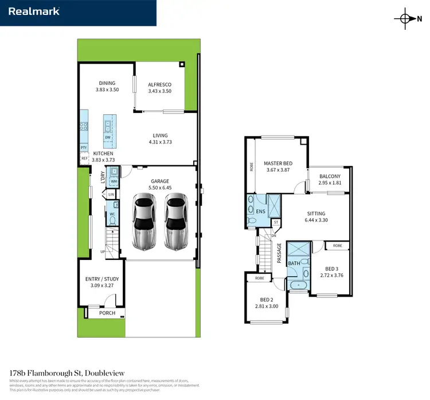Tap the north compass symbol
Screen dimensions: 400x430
click(x=406, y=18)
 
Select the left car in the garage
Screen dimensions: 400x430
click(x=144, y=220)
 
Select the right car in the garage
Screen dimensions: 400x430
click(x=177, y=220)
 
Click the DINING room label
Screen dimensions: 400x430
click(x=107, y=83)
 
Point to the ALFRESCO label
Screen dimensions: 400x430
click(x=160, y=85)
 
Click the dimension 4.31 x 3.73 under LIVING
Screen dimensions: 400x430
click(x=160, y=142)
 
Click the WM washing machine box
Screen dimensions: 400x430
click(x=114, y=181)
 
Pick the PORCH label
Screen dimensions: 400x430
click(x=106, y=313)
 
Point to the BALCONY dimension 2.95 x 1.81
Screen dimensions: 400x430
click(x=330, y=183)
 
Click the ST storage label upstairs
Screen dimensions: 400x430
click(x=276, y=222)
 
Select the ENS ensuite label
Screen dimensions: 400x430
click(x=260, y=211)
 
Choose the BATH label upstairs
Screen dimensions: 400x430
click(x=293, y=263)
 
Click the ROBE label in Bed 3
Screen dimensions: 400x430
click(x=337, y=245)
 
